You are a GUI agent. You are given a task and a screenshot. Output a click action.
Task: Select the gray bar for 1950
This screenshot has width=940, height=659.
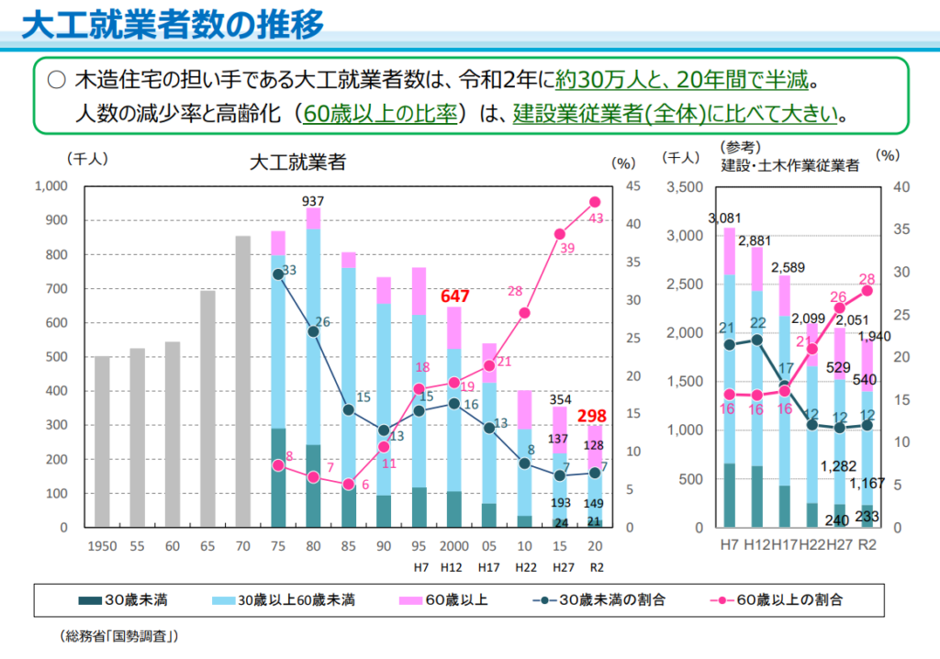102,441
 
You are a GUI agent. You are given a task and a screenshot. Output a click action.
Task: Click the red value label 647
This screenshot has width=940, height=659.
454,296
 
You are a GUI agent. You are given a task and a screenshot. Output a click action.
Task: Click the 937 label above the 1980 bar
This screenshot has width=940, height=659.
314,200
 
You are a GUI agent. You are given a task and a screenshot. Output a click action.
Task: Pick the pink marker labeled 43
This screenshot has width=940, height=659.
595,202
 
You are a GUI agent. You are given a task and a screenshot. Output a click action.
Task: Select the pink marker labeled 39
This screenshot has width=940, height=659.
559,233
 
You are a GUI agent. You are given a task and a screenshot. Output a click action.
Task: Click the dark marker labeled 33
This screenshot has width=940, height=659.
278,274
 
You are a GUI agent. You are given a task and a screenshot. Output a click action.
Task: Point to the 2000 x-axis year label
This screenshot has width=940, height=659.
454,545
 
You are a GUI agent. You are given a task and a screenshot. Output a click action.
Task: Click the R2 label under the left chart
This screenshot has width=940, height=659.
595,566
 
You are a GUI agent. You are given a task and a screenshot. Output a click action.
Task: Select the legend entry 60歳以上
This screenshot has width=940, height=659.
456,600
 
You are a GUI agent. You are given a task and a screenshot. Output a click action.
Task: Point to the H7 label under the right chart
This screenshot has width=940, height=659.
730,545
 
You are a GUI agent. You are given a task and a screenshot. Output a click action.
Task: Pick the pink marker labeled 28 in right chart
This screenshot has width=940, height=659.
867,290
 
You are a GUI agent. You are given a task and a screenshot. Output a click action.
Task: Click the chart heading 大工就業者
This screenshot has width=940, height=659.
297,163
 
